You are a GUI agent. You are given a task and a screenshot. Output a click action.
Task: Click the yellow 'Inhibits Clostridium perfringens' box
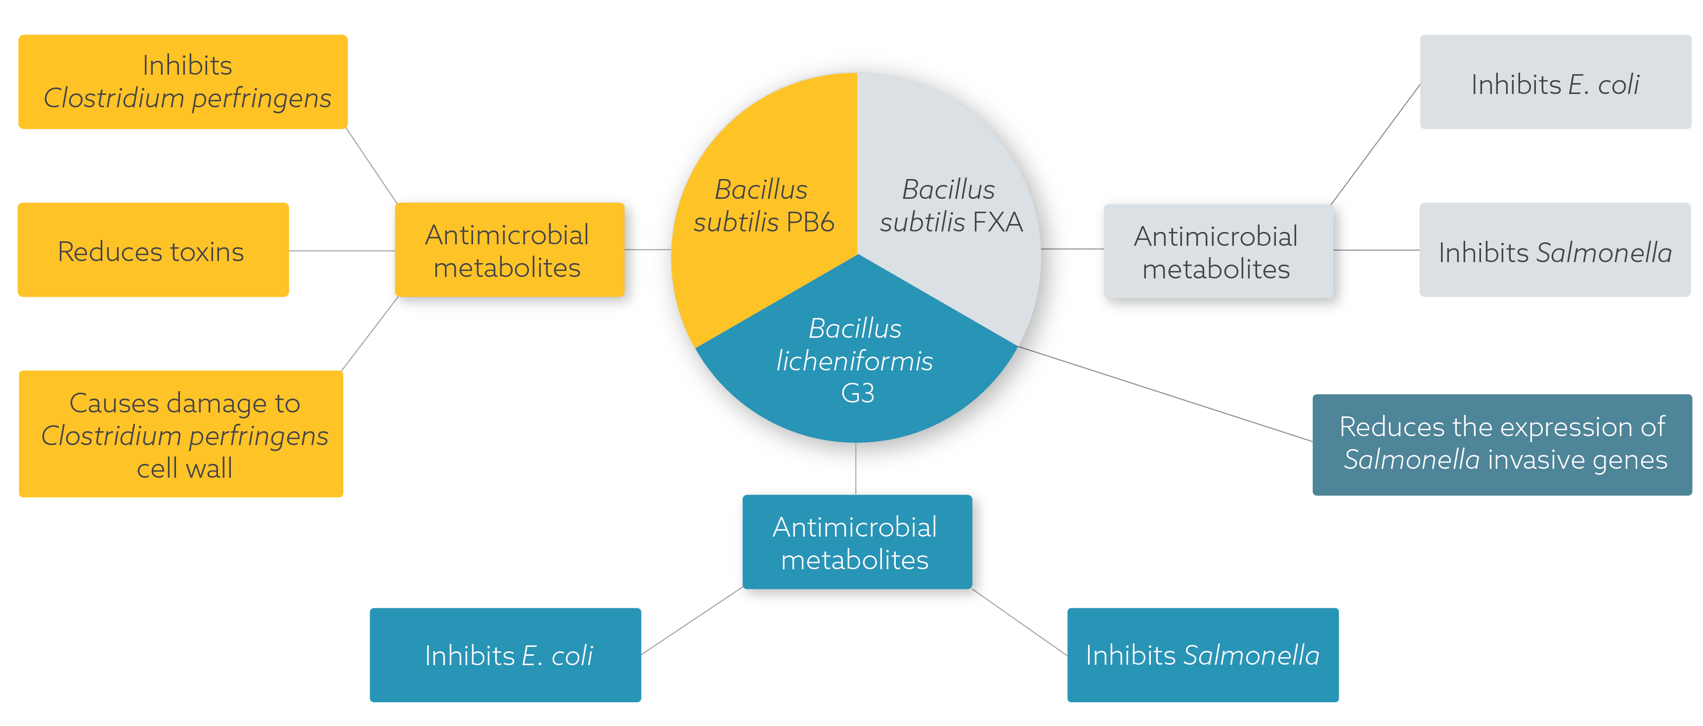(x=183, y=81)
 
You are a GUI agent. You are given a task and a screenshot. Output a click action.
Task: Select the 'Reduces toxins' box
(x=153, y=250)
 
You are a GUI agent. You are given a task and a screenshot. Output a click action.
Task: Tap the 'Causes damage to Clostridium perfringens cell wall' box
(x=181, y=434)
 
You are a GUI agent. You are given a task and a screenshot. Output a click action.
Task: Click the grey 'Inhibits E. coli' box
(x=1555, y=82)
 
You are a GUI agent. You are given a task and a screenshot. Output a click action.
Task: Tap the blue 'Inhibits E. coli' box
(x=506, y=655)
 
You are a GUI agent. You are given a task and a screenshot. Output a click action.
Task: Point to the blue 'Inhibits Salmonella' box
(x=1203, y=655)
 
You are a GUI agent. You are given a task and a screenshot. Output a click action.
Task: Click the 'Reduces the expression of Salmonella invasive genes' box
(x=1502, y=444)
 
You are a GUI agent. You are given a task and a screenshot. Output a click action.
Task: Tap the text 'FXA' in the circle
(x=998, y=222)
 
